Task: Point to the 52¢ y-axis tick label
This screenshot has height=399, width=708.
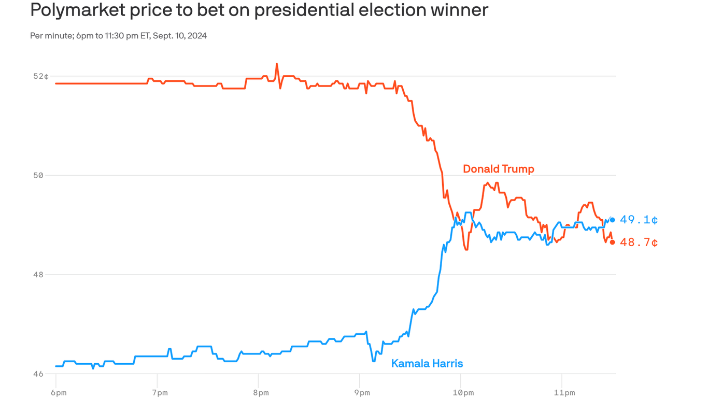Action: [41, 77]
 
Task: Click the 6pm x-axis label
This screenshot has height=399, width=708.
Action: [58, 393]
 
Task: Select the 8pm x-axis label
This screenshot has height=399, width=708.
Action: [261, 393]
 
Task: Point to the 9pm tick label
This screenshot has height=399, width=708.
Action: [362, 393]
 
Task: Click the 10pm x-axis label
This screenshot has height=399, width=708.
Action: [463, 393]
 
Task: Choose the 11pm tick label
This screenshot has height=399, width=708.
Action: [564, 393]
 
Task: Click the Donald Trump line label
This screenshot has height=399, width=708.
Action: [498, 169]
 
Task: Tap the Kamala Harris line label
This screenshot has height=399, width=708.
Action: [427, 364]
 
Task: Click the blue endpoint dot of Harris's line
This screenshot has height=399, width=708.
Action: [612, 220]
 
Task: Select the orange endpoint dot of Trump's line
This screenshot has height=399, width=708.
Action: [612, 243]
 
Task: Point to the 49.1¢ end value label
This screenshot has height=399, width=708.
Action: [639, 220]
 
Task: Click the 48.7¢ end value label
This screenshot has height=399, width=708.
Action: [639, 243]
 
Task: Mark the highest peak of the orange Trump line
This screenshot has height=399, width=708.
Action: [277, 64]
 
